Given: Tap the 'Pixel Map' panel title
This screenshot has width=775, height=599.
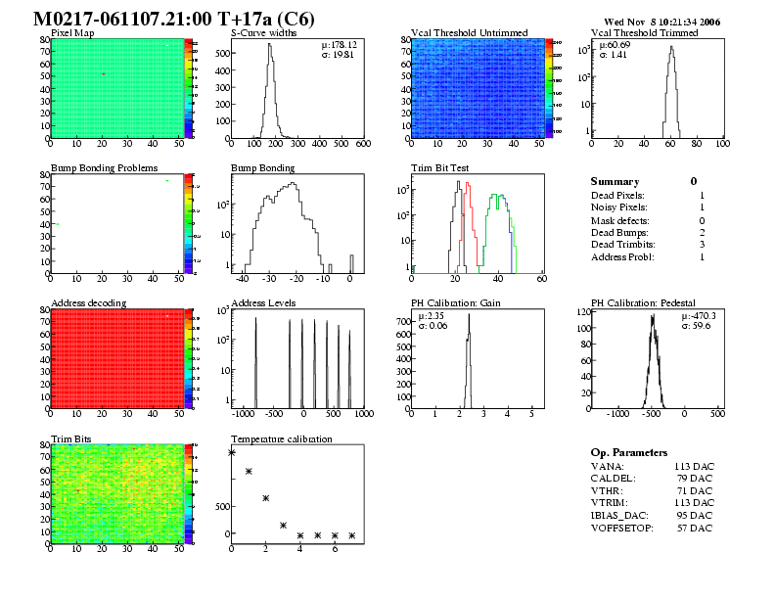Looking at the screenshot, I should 72,32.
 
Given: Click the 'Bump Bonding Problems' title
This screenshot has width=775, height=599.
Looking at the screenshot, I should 104,167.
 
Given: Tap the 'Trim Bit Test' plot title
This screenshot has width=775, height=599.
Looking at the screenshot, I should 439,167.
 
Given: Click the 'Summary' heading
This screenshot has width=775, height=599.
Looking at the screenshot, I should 615,181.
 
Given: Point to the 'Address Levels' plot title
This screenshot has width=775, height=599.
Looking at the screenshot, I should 263,302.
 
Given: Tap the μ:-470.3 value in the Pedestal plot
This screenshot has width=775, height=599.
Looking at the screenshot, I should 698,315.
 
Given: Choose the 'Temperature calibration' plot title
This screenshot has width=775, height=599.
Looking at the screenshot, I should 281,438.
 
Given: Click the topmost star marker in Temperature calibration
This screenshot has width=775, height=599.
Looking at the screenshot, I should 231,452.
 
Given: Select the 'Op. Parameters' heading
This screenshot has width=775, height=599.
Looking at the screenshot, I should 629,452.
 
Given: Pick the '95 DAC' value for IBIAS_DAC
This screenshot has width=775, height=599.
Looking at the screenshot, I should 693,514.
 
